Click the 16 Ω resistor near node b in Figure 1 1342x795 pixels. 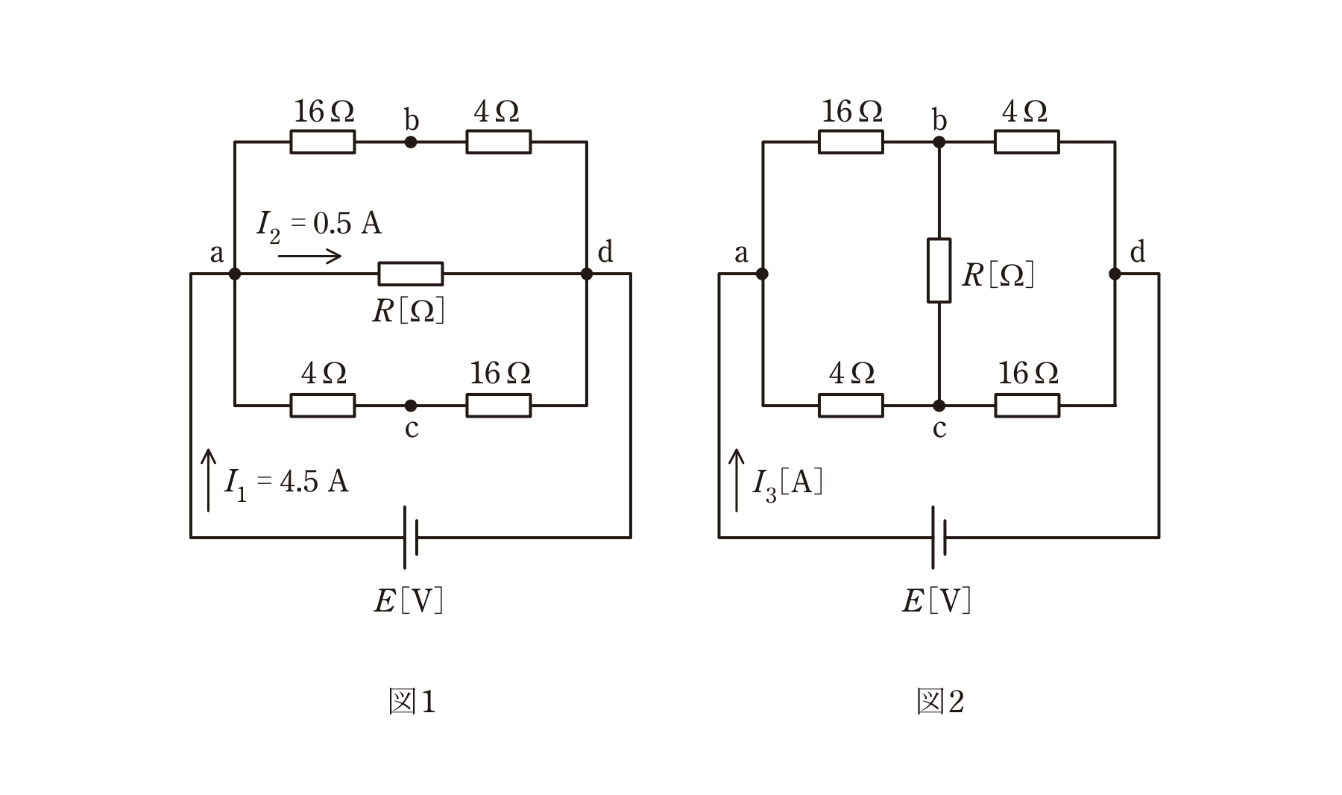[x=322, y=142]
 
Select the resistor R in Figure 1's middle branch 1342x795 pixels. [x=411, y=274]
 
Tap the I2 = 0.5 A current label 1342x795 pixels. [x=319, y=225]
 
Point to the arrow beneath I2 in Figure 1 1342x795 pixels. [x=309, y=257]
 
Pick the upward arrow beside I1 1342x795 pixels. [x=209, y=480]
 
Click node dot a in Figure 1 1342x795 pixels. [x=235, y=274]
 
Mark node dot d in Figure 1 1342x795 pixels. [x=587, y=274]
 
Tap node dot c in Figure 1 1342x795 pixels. [x=411, y=406]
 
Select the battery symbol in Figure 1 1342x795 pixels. [x=411, y=537]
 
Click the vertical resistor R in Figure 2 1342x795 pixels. [x=939, y=270]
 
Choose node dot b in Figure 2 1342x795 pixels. [x=939, y=142]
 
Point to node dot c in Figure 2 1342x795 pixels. [x=939, y=406]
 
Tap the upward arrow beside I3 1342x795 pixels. [x=737, y=480]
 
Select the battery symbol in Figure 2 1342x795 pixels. [x=939, y=537]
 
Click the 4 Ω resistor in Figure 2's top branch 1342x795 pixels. [x=1027, y=142]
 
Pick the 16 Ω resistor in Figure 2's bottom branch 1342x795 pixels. [x=1027, y=406]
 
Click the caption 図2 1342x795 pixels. [x=940, y=702]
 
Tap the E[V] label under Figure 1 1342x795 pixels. [x=409, y=600]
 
